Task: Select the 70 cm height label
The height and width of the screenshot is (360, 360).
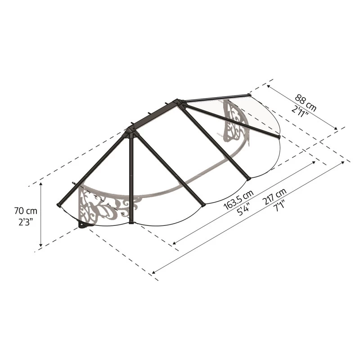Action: [26, 211]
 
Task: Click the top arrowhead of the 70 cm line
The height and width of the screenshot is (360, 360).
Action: [41, 185]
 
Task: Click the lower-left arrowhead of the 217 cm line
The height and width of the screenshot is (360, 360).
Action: [154, 272]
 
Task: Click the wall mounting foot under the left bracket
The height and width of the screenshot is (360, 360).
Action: [84, 224]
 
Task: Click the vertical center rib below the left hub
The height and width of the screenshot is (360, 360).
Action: [131, 180]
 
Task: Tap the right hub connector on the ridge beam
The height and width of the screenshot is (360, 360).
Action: [180, 102]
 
